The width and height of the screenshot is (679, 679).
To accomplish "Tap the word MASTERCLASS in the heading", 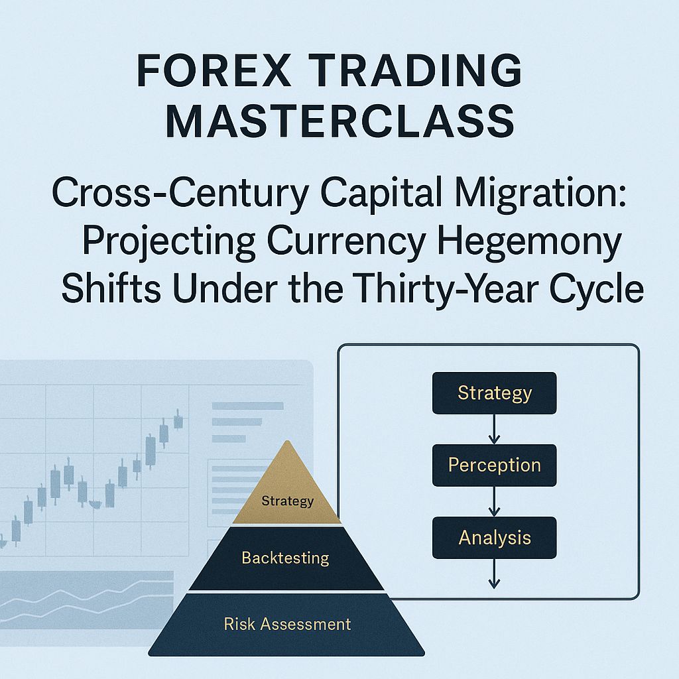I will click(339, 122).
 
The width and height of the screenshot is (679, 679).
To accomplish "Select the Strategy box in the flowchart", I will click(494, 393).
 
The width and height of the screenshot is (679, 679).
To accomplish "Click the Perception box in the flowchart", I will click(494, 465).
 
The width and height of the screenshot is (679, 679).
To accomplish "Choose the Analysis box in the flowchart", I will click(494, 537).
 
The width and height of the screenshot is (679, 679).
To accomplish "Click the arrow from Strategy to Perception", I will click(494, 429).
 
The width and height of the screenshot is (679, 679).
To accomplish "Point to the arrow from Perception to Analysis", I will click(494, 501).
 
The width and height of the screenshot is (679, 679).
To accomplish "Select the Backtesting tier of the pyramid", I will click(285, 558).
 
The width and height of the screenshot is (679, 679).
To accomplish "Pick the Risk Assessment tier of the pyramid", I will click(286, 624).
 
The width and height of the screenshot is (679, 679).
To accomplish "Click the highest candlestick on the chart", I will click(178, 420).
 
